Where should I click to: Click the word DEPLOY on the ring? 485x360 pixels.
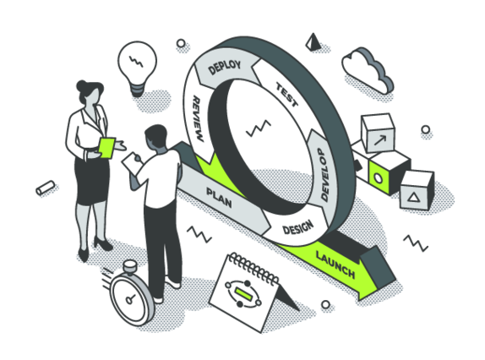click(225, 68)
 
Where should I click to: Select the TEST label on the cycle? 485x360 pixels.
click(287, 95)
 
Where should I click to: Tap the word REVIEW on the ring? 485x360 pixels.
click(198, 119)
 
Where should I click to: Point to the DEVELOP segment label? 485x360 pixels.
click(324, 175)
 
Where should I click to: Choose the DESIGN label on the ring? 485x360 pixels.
click(298, 228)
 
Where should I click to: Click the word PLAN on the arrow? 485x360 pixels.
click(219, 198)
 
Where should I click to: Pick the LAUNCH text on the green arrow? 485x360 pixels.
click(335, 265)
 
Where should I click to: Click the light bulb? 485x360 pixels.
click(137, 68)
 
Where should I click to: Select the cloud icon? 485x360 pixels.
click(368, 70)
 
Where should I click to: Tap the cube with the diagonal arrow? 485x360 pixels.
click(379, 133)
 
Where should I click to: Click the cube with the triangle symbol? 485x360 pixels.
click(417, 189)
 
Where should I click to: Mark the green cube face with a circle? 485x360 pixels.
click(378, 178)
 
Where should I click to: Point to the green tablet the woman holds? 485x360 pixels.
click(106, 148)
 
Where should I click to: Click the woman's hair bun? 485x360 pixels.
click(82, 85)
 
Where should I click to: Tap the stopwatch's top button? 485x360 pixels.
click(129, 266)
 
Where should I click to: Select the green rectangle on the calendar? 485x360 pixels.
click(243, 293)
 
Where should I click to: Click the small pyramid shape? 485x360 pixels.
click(313, 42)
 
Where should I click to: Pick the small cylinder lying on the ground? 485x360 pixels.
click(45, 188)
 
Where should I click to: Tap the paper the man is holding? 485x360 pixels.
click(131, 161)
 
